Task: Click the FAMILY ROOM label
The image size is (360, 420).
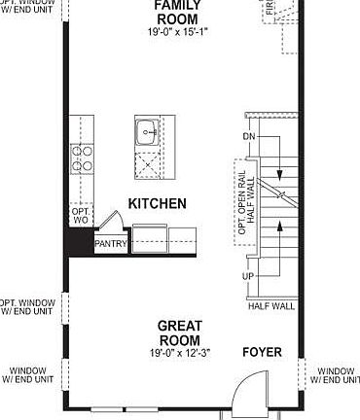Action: [x=180, y=12]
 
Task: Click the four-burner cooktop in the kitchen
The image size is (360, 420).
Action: [x=83, y=158]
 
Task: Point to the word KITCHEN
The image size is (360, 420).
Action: [x=157, y=204]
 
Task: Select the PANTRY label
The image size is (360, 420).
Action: [x=110, y=245]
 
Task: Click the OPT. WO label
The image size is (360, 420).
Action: [x=81, y=216]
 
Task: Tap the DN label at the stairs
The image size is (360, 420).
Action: [x=249, y=137]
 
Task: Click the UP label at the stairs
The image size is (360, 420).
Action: [x=248, y=276]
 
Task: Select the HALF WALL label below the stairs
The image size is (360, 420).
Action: [x=271, y=306]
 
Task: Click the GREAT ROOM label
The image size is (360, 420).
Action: [x=180, y=332]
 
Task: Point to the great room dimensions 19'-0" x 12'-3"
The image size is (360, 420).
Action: [x=180, y=353]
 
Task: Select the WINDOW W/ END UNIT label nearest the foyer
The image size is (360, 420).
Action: [x=336, y=376]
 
